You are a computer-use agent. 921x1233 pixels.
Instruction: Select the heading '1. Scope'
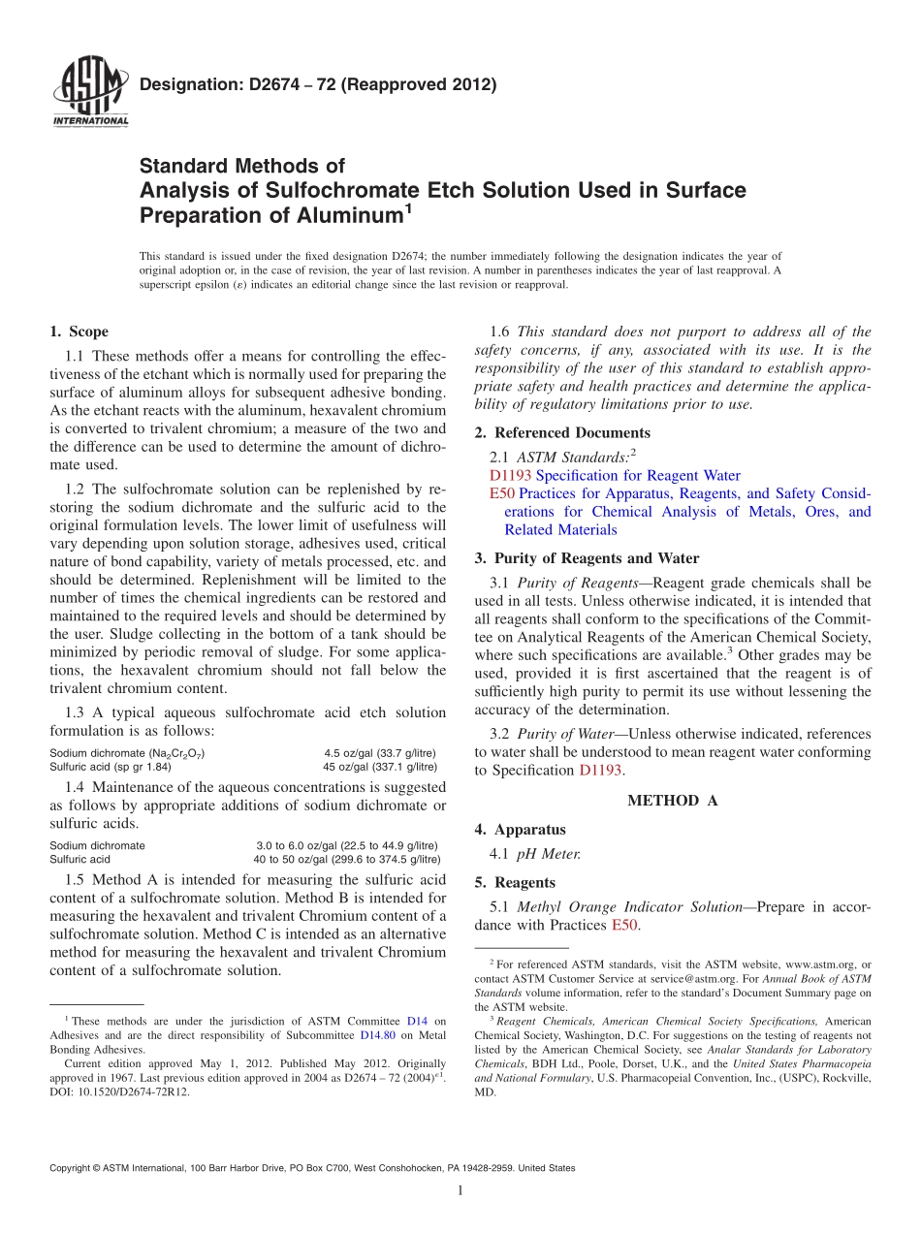tap(79, 332)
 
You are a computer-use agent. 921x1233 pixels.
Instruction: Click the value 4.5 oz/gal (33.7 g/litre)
tap(379, 753)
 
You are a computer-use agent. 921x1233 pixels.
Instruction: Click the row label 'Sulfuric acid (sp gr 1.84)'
tap(111, 766)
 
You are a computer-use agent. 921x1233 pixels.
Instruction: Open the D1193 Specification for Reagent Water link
tap(615, 475)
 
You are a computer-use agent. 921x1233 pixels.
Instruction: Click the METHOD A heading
tap(673, 800)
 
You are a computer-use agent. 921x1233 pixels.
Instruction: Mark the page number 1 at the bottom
tap(460, 1191)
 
